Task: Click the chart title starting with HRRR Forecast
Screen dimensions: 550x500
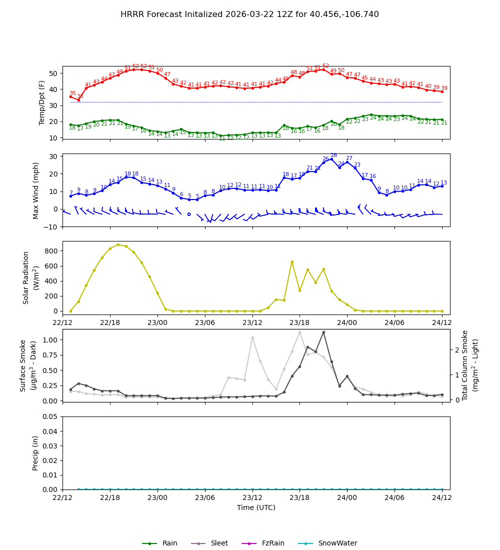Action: point(249,14)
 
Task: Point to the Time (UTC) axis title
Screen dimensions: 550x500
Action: point(256,507)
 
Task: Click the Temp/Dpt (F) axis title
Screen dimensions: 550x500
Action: point(42,102)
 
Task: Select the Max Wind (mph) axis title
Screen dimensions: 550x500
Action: point(36,190)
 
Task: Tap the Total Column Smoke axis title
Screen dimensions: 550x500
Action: point(470,365)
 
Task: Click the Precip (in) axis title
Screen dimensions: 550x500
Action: point(35,453)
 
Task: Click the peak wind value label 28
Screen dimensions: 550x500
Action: point(333,155)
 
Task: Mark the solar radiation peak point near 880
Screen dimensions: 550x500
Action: point(118,244)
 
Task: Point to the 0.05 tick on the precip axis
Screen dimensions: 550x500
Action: point(50,416)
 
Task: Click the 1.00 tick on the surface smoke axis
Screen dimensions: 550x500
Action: point(50,340)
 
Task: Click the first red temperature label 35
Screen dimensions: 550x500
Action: point(72,93)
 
